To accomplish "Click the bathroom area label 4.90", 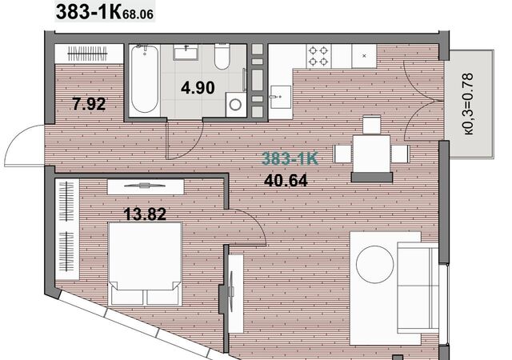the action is pyautogui.click(x=198, y=88).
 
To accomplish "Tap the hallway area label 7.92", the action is pyautogui.click(x=89, y=104).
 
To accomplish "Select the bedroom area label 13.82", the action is pyautogui.click(x=145, y=214).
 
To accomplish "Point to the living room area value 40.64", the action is pyautogui.click(x=286, y=181).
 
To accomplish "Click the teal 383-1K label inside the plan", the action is pyautogui.click(x=290, y=158).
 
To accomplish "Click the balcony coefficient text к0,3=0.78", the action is pyautogui.click(x=468, y=104).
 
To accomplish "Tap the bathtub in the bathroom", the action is pyautogui.click(x=145, y=80).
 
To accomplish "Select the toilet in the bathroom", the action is pyautogui.click(x=222, y=57).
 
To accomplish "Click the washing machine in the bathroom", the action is pyautogui.click(x=235, y=105).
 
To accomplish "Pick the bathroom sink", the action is pyautogui.click(x=186, y=52).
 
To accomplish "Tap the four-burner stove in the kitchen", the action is pyautogui.click(x=318, y=56).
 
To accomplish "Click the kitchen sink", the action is pyautogui.click(x=280, y=98).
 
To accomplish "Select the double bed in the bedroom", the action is pyautogui.click(x=145, y=264).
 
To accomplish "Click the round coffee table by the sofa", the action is pyautogui.click(x=374, y=264).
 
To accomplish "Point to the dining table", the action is pyautogui.click(x=371, y=154).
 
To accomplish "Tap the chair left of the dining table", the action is pyautogui.click(x=342, y=154).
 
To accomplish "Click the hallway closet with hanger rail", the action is pyautogui.click(x=89, y=54).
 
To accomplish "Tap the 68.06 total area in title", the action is pyautogui.click(x=138, y=14).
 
